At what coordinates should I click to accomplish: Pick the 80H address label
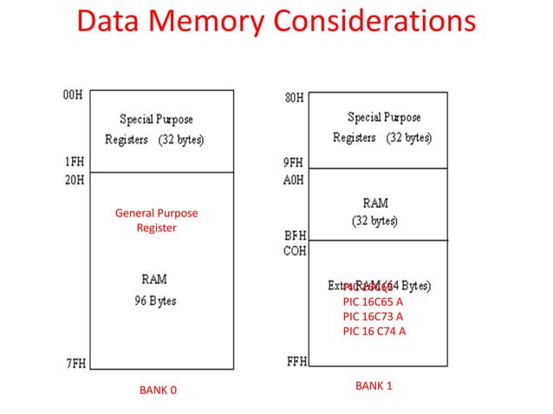(x=295, y=97)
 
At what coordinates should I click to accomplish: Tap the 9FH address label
(x=295, y=162)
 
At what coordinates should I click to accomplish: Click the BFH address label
(x=295, y=235)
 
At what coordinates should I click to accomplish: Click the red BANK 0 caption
(x=158, y=391)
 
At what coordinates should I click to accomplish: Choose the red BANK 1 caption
(x=374, y=385)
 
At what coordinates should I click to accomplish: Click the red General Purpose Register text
(x=156, y=220)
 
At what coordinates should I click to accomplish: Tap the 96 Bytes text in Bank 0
(x=157, y=301)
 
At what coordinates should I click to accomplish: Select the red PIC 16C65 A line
(x=373, y=302)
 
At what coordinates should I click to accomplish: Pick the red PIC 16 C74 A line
(x=374, y=331)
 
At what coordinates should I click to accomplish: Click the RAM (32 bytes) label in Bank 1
(x=375, y=211)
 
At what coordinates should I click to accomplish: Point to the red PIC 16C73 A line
(x=373, y=316)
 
